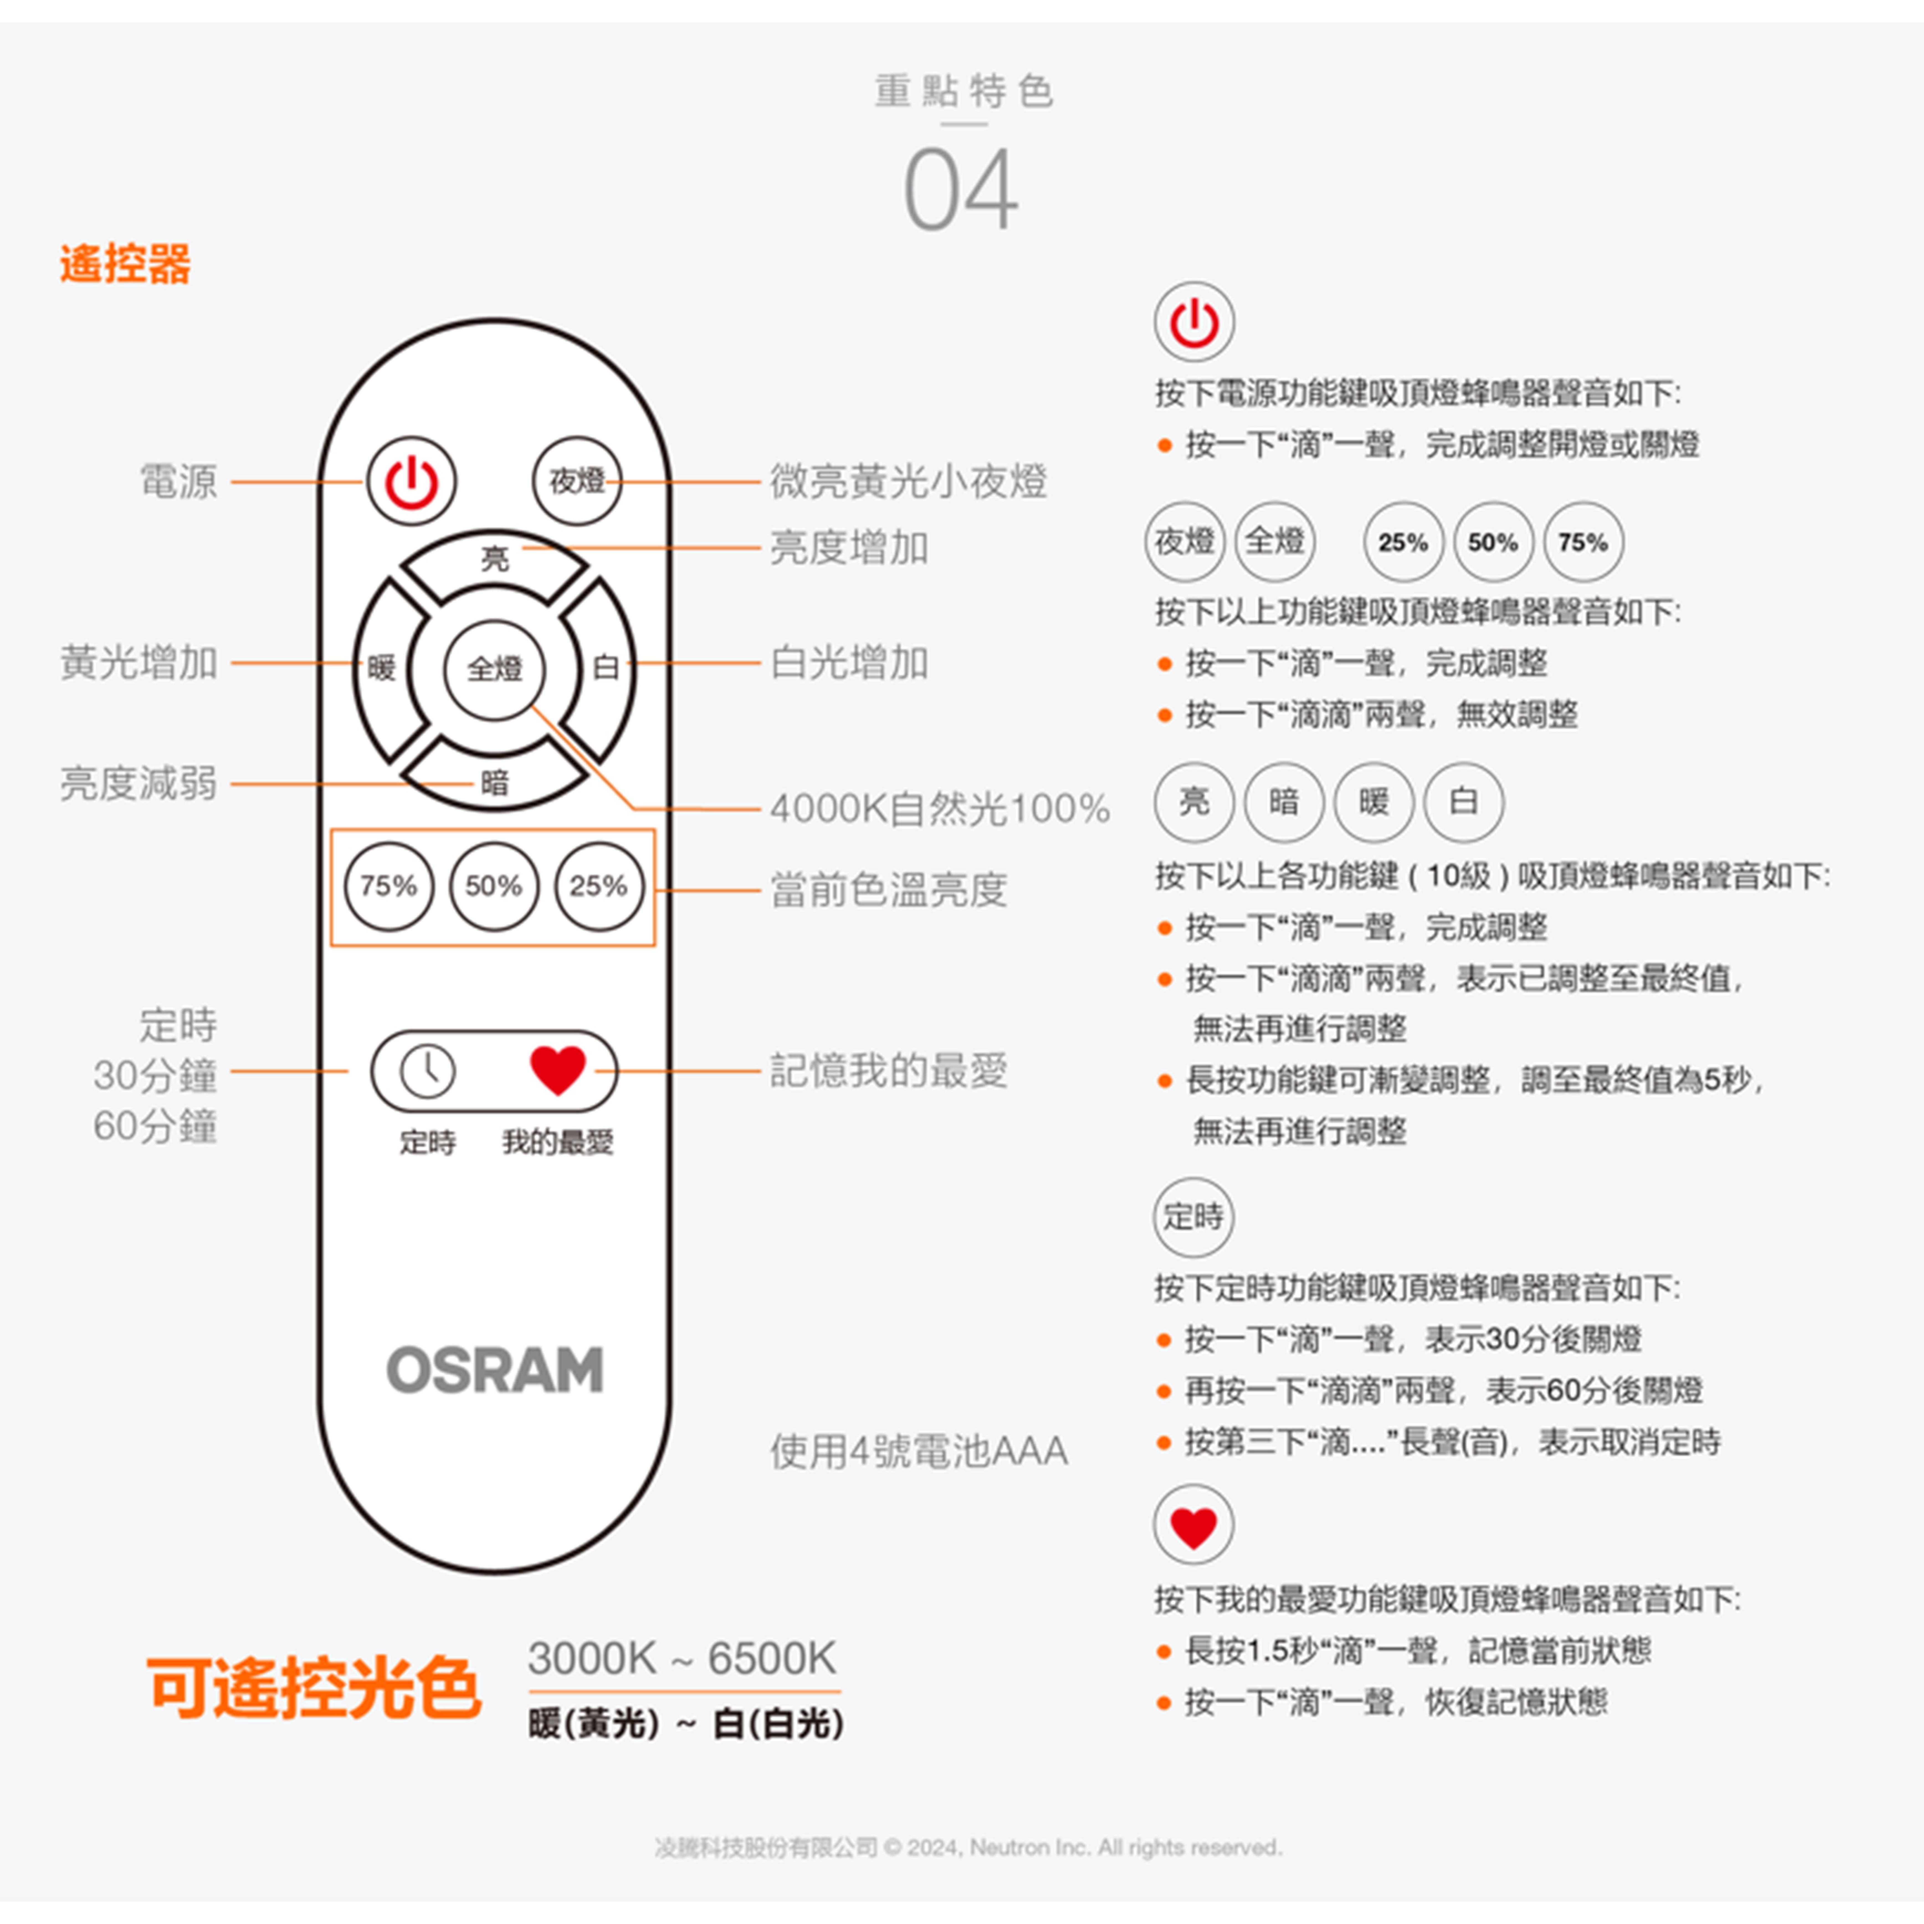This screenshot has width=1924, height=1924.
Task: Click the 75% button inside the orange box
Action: [388, 886]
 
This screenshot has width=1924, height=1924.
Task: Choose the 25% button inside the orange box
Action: [598, 886]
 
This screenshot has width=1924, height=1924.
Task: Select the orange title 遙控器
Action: [125, 264]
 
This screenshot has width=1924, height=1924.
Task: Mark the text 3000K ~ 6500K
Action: [682, 1658]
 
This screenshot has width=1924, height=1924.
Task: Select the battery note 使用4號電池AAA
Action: [918, 1451]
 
